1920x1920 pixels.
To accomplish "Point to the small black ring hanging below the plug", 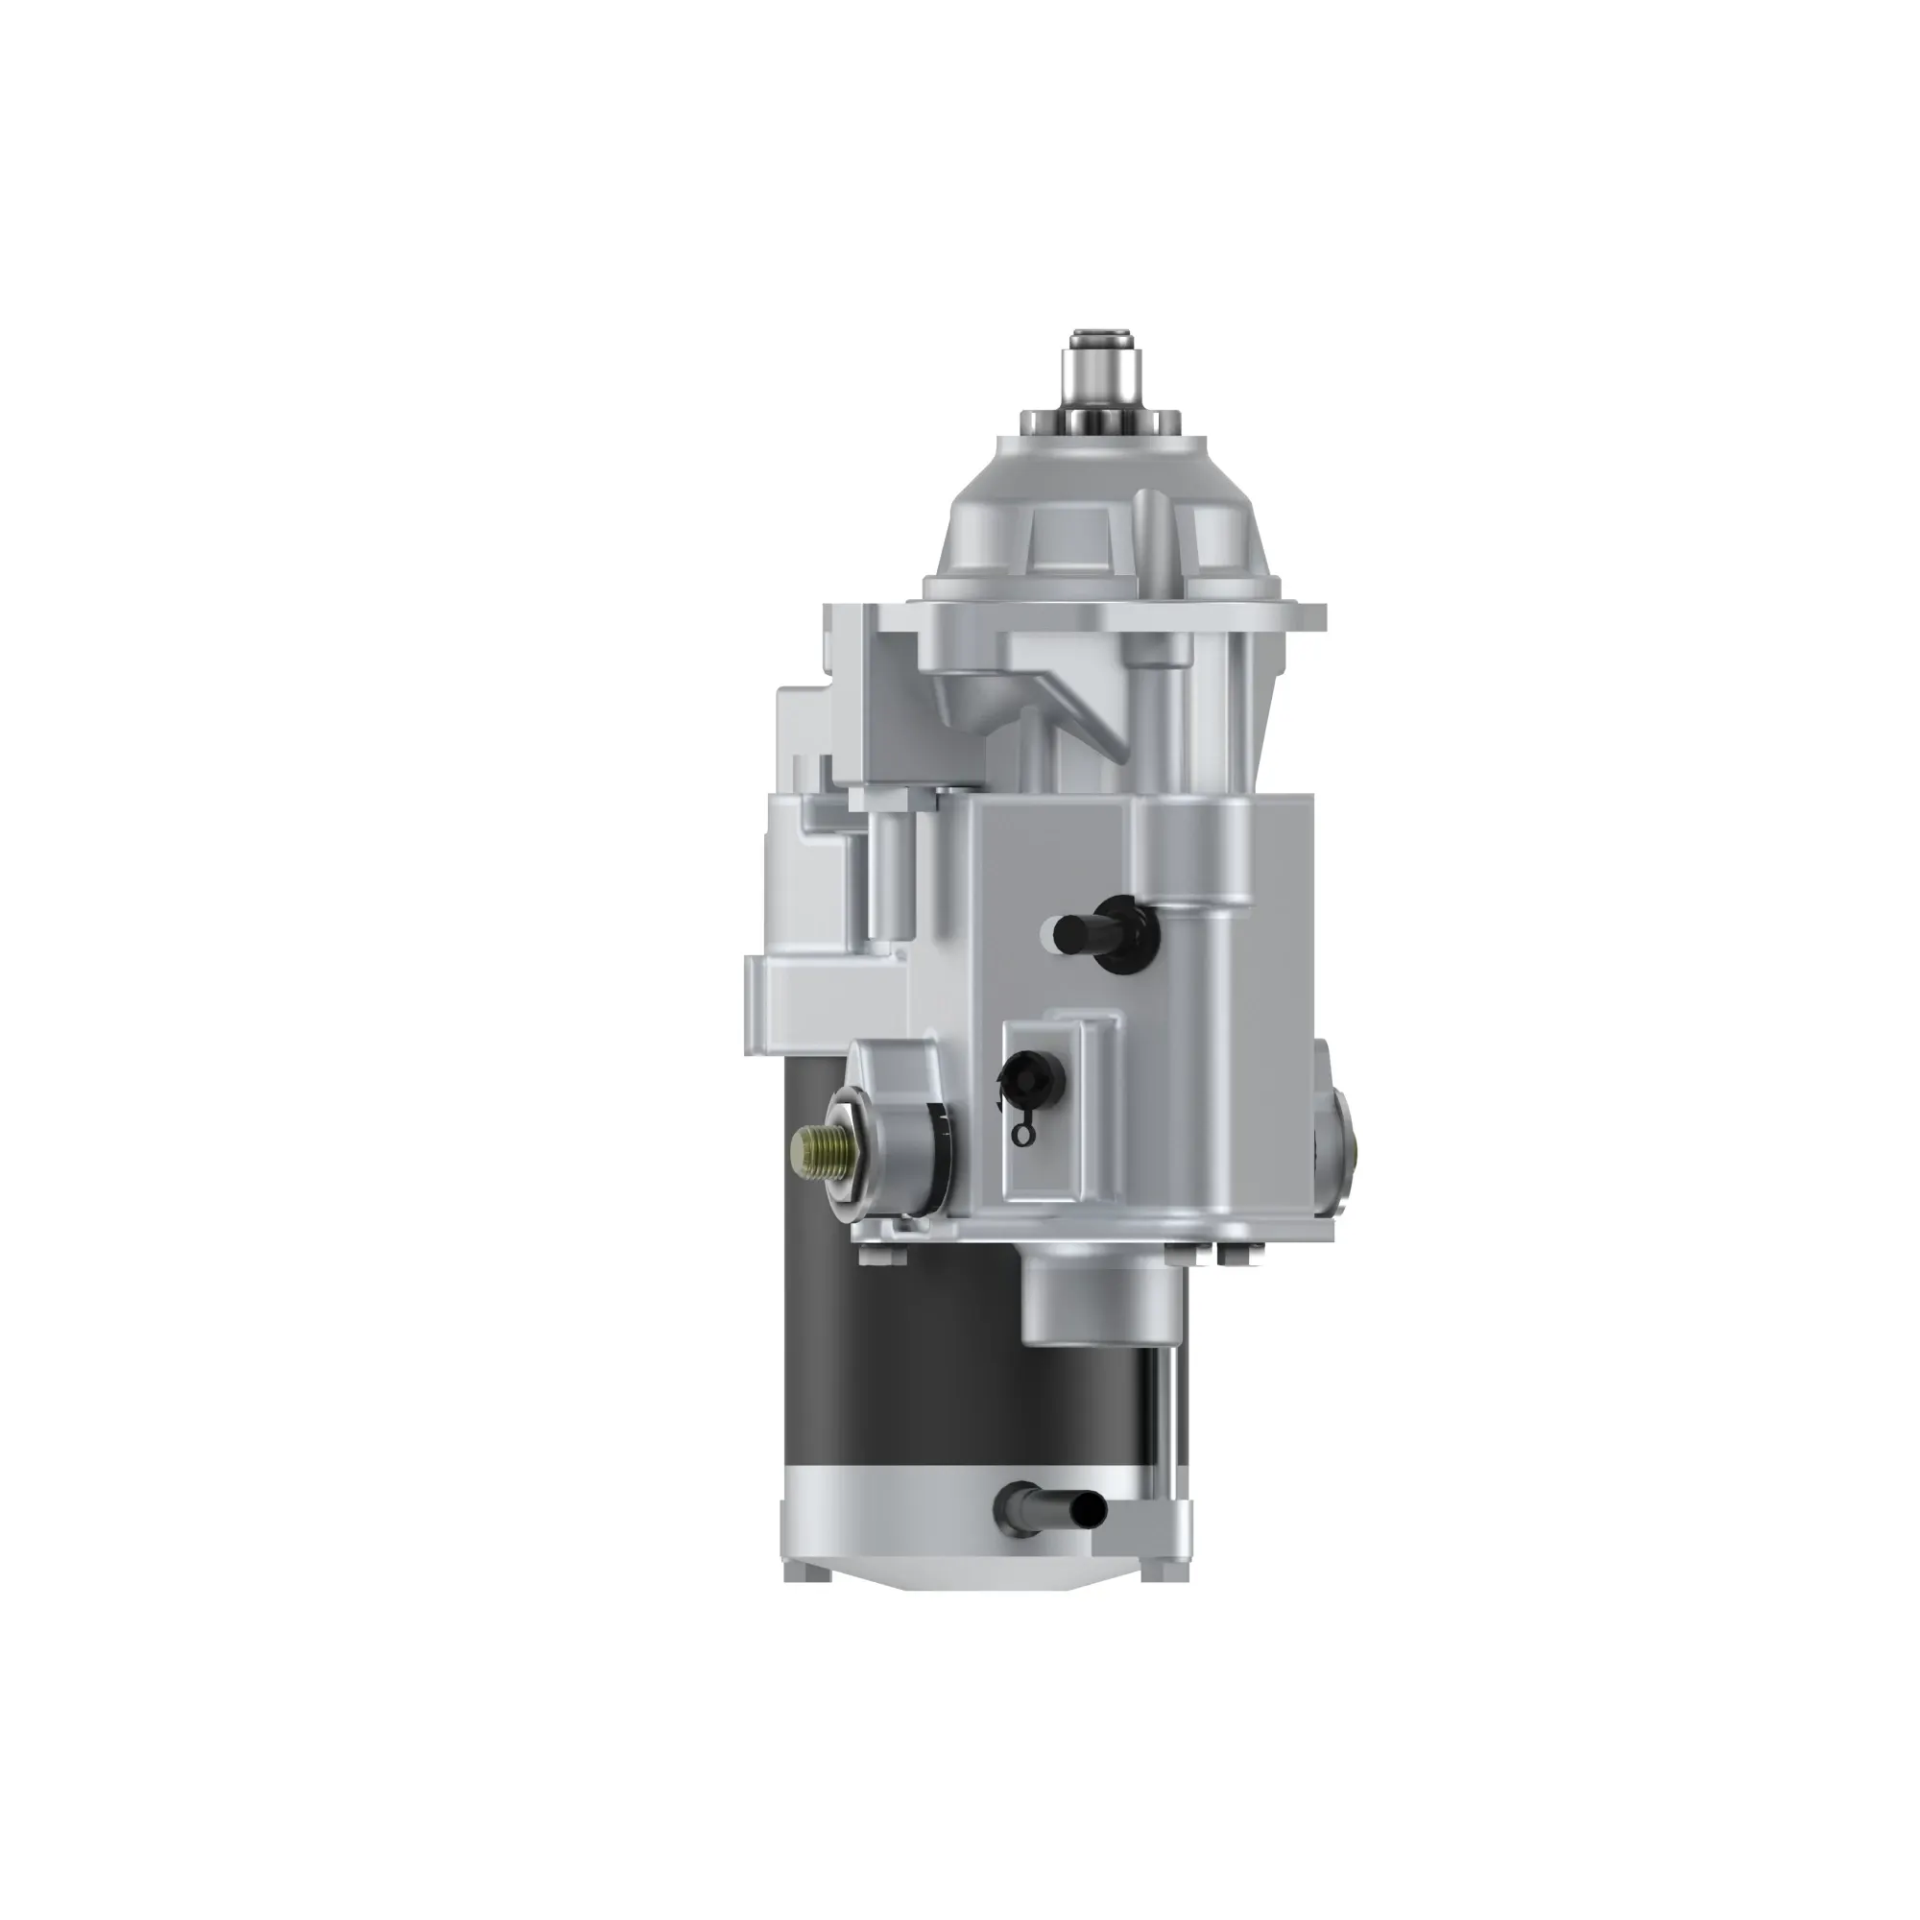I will point(1020,1134).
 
